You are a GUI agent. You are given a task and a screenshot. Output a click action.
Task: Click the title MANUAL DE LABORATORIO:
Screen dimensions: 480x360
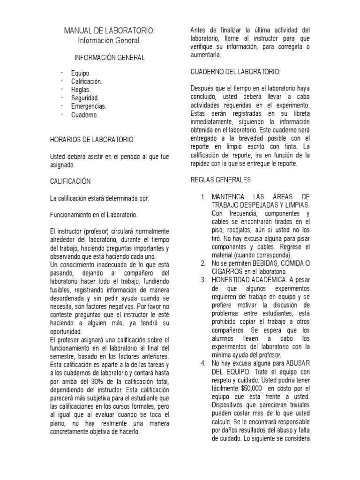tap(109, 31)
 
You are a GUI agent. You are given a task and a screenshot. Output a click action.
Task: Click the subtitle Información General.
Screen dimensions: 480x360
tap(109, 41)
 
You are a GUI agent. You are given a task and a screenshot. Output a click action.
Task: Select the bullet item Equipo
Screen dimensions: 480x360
tap(80, 73)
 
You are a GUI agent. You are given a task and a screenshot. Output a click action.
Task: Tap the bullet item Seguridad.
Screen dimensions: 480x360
tap(85, 98)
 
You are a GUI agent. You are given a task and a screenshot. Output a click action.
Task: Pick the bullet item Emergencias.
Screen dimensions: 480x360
tap(89, 106)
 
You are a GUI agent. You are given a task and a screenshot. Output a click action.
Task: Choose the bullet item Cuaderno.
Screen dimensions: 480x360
tap(84, 115)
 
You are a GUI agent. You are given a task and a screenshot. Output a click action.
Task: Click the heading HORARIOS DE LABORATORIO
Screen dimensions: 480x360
tap(91, 140)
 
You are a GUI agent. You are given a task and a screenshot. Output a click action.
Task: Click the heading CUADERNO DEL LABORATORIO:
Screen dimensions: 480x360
tap(235, 72)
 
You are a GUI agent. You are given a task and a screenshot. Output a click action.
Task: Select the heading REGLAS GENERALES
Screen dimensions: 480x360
tap(221, 180)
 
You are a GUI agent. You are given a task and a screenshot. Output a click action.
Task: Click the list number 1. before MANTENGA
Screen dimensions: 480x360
tap(203, 196)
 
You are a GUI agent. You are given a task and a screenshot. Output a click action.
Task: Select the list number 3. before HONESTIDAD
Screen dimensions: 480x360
tap(203, 280)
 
